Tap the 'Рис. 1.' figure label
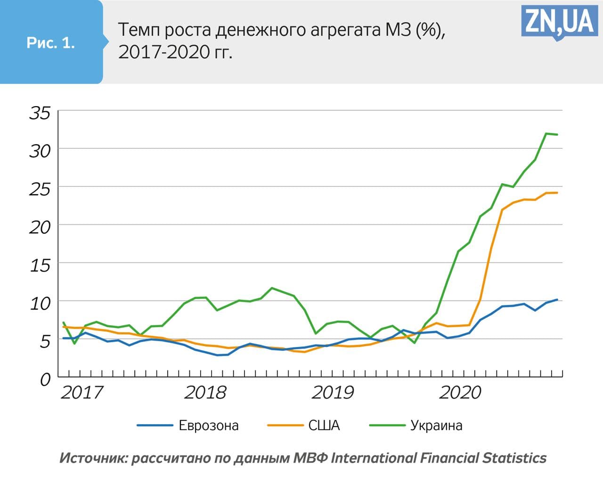click(x=51, y=43)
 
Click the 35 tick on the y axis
click(x=40, y=113)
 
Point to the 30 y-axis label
click(x=40, y=151)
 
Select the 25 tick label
click(x=40, y=189)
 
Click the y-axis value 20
click(x=40, y=227)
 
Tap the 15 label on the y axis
click(x=40, y=265)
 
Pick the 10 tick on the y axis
click(x=40, y=303)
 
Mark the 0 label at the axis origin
click(x=45, y=380)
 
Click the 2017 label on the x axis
click(x=81, y=392)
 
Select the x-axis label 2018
click(x=205, y=392)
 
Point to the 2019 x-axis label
click(x=332, y=392)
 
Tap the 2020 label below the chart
click(x=460, y=392)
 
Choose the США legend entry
click(x=324, y=425)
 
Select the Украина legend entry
click(x=436, y=425)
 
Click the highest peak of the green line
click(x=546, y=133)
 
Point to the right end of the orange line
click(x=557, y=192)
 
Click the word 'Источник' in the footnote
click(x=92, y=458)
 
